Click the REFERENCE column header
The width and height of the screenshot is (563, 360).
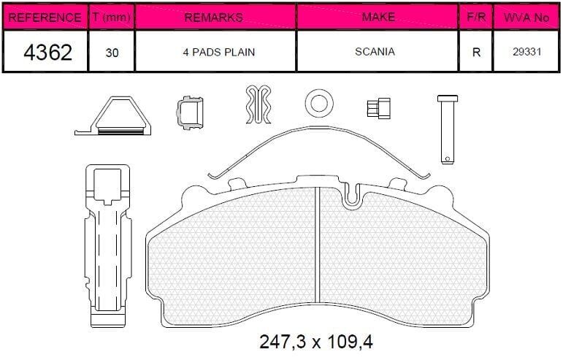45,18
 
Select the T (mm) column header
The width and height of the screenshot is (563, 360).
111,17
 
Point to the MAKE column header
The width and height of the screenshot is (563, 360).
378,17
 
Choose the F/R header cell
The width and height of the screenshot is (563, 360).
476,17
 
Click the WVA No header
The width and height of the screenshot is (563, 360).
526,18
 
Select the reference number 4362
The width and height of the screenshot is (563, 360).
48,52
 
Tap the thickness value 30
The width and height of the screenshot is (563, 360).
112,53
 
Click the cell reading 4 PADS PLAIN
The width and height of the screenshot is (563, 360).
219,52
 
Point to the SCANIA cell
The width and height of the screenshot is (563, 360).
375,52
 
